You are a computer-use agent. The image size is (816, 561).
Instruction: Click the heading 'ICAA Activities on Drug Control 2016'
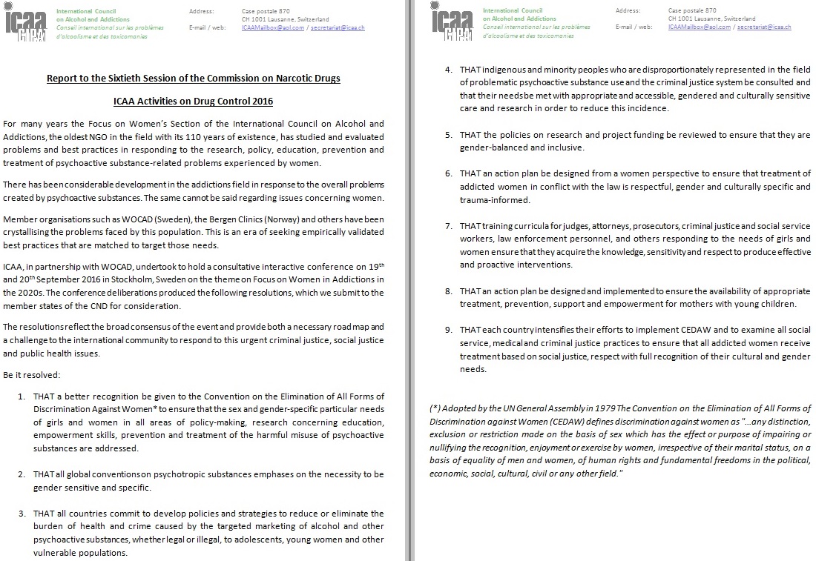[x=193, y=101]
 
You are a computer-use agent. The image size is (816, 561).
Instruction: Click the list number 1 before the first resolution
[x=22, y=396]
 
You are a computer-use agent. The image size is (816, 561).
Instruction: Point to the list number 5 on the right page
[x=448, y=135]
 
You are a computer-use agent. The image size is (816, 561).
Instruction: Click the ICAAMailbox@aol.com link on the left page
[x=269, y=27]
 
